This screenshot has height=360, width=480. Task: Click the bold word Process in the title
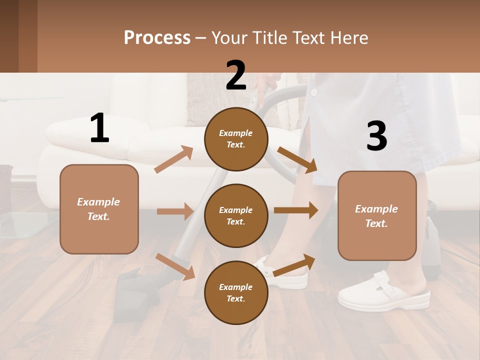click(157, 37)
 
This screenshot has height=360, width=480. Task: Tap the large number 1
click(99, 128)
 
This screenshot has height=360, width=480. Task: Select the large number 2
click(236, 75)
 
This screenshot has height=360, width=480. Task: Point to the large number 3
click(376, 136)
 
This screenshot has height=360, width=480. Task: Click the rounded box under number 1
click(99, 209)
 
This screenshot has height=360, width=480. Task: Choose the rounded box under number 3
click(377, 215)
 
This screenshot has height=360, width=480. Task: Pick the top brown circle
click(236, 139)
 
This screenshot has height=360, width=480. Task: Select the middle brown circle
click(236, 215)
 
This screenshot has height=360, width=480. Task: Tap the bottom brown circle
click(236, 292)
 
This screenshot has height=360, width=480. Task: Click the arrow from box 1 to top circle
click(174, 160)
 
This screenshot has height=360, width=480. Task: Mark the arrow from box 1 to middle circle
click(175, 211)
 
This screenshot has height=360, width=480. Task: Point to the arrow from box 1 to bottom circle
click(175, 266)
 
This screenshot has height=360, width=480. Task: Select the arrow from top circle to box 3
click(297, 160)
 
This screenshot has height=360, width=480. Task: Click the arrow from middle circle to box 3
click(296, 210)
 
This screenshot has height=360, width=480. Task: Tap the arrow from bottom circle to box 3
click(294, 265)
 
